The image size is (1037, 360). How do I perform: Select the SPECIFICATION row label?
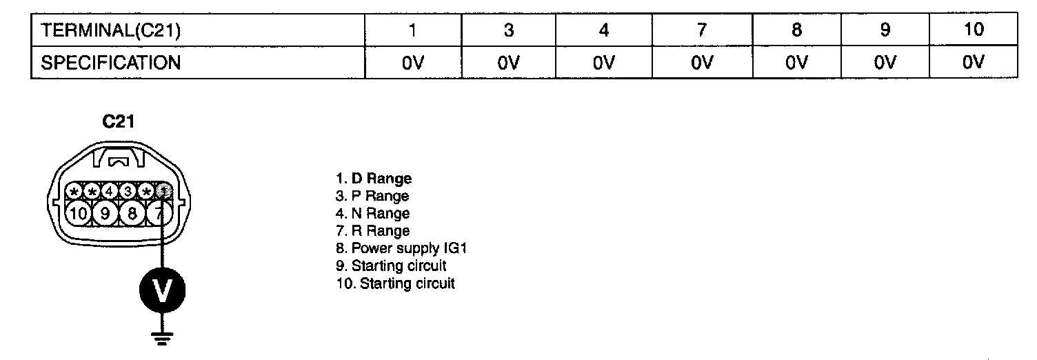tap(111, 63)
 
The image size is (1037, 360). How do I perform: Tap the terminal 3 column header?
tap(507, 30)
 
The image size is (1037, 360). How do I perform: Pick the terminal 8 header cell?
tap(796, 30)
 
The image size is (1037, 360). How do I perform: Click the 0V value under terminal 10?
tap(973, 63)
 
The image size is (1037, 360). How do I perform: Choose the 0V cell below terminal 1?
tap(412, 63)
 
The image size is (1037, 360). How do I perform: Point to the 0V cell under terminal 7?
tap(701, 63)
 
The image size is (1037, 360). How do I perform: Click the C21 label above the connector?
tap(119, 122)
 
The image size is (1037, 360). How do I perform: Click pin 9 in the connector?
tap(105, 212)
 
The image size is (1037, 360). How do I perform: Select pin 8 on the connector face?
tap(131, 212)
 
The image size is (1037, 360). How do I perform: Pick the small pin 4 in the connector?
tap(110, 191)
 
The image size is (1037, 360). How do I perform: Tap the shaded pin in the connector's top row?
tap(163, 191)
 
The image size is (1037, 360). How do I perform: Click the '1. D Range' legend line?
tap(373, 179)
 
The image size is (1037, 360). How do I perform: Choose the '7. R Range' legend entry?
tap(372, 231)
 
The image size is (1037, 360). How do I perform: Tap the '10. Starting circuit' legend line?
tap(395, 283)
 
